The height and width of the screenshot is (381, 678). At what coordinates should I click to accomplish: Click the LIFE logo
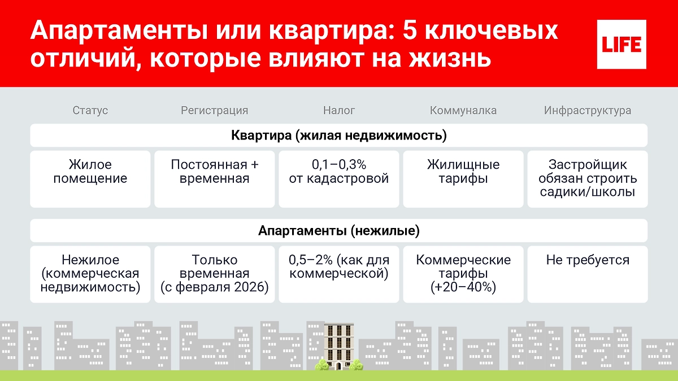point(621,44)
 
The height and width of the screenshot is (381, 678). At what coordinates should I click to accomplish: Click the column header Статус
point(90,111)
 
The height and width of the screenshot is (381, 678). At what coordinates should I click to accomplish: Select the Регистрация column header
point(214,111)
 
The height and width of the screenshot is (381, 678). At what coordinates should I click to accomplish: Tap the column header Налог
point(339,111)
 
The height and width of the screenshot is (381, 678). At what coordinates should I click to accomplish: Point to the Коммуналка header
point(463,111)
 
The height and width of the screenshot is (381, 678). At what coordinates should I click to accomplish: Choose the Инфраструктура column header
point(588,111)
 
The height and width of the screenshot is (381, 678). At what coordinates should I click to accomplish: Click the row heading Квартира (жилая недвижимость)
point(339,136)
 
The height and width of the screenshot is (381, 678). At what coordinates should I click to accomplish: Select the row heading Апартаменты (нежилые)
point(339,231)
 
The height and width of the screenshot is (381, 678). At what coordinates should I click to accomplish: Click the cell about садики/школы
point(588,178)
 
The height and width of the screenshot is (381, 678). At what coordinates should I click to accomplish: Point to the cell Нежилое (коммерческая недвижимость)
point(90,274)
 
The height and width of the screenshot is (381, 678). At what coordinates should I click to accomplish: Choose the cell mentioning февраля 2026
point(215,274)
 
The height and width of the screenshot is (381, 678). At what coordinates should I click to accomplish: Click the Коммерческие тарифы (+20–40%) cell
point(463,274)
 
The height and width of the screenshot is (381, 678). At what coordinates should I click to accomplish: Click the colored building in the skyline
point(338,347)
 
